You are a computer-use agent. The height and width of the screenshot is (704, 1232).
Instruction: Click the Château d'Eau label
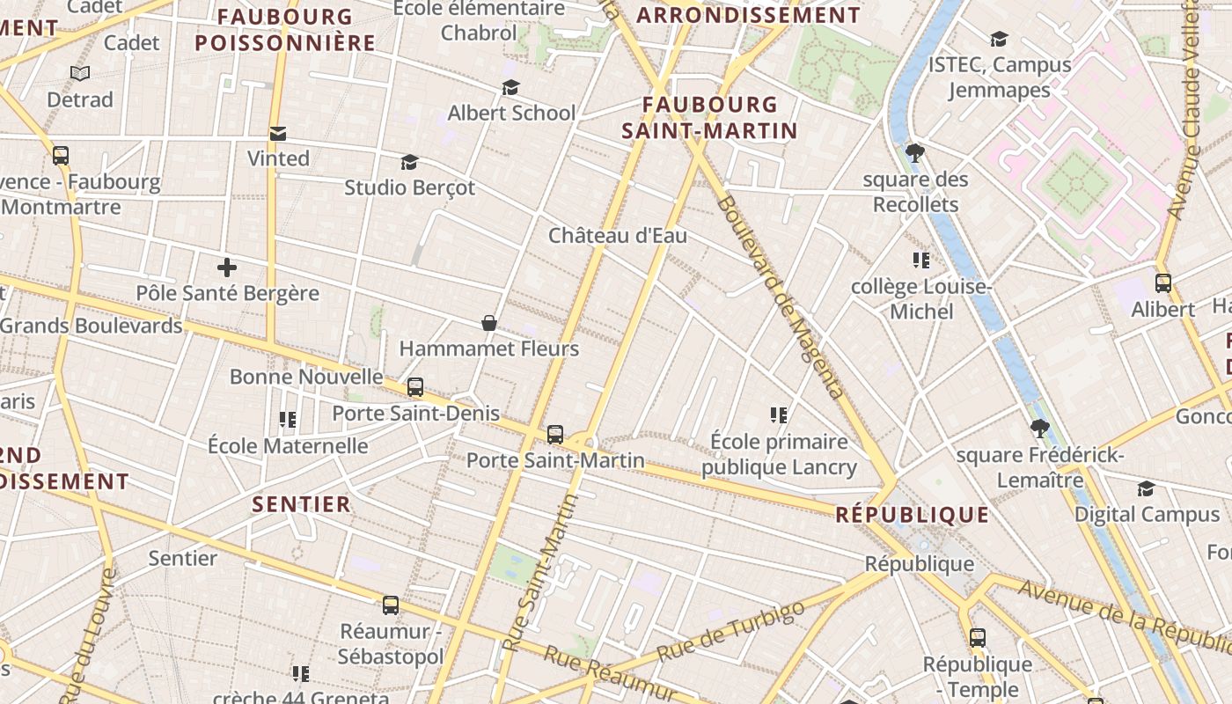(618, 236)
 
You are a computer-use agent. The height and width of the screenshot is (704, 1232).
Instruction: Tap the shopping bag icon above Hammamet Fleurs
(489, 323)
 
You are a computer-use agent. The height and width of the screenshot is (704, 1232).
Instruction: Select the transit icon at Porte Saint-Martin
(555, 434)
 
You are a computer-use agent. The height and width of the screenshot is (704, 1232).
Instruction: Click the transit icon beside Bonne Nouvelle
(414, 387)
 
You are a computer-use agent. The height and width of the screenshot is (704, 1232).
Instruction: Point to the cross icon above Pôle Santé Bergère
(227, 267)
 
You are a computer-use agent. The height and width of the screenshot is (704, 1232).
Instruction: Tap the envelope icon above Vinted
(278, 134)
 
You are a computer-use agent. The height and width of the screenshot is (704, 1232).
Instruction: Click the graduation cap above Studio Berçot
(409, 162)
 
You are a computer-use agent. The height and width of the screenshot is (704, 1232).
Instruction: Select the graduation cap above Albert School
(510, 87)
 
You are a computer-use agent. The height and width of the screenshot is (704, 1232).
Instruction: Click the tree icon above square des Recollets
(915, 153)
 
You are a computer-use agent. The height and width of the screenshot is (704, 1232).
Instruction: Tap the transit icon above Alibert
(1162, 283)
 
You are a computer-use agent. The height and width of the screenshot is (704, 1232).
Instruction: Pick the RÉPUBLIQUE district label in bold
(912, 515)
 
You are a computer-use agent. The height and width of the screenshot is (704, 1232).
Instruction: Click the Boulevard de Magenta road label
(781, 297)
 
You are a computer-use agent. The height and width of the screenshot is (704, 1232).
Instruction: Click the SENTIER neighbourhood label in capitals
(302, 504)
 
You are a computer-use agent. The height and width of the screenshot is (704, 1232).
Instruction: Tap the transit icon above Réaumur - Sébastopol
(391, 605)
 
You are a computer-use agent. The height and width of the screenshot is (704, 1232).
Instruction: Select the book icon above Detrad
(80, 74)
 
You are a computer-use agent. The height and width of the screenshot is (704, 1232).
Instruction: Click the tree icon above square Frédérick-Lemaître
(1040, 429)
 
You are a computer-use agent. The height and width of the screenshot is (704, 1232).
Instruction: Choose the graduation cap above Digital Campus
(1146, 488)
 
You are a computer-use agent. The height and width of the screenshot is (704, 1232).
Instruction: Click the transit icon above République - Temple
(978, 638)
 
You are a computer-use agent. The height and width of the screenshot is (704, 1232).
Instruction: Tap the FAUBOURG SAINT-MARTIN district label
(709, 118)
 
